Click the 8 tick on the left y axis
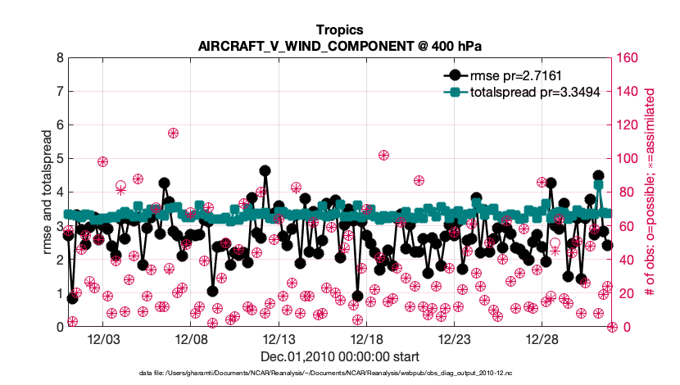point(59,58)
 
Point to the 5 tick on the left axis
point(59,159)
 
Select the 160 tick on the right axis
point(628,58)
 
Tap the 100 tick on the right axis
point(628,159)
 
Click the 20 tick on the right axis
point(625,293)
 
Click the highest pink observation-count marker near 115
point(174,133)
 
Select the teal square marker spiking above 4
point(599,185)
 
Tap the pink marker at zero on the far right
point(612,327)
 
